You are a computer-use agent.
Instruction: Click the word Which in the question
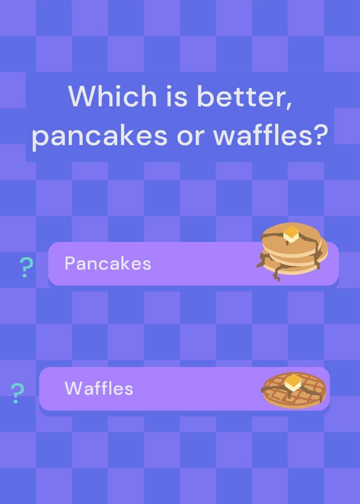pos(112,96)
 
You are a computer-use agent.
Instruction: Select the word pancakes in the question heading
pos(100,136)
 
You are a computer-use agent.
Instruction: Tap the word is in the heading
pos(177,96)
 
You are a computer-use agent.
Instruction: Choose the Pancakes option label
pos(108,263)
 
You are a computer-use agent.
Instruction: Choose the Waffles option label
pos(99,388)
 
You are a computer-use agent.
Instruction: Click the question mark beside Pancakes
pos(26,267)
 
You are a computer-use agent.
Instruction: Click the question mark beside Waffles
pos(18,392)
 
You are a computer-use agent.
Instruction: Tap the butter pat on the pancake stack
pos(291,234)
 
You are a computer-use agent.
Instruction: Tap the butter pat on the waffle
pos(293,382)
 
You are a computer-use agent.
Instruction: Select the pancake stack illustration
pos(292,251)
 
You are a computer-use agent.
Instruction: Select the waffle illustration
pos(294,390)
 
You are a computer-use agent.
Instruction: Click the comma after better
pos(289,105)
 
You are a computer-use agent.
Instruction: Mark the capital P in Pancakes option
pos(70,263)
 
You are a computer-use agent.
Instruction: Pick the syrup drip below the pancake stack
pos(277,273)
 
